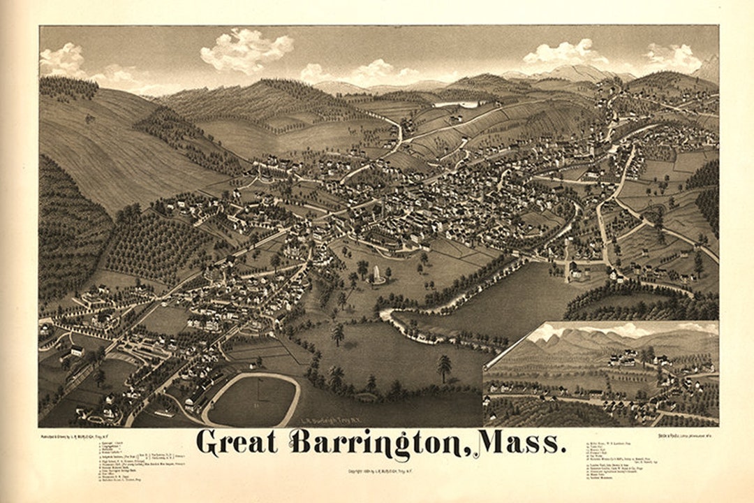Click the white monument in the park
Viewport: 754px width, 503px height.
pyautogui.click(x=378, y=275)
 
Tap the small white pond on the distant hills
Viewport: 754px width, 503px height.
pyautogui.click(x=457, y=104)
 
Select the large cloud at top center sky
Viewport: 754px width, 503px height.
pyautogui.click(x=246, y=50)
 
